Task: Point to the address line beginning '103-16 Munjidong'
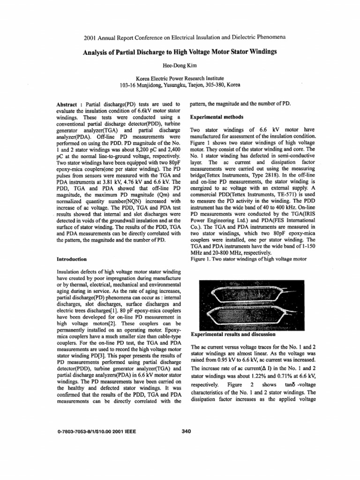(180, 85)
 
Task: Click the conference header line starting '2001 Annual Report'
(180, 36)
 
